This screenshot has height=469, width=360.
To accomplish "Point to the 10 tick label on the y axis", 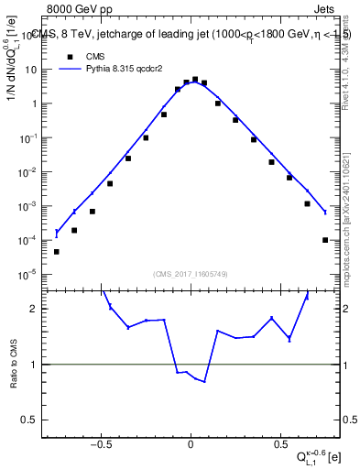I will click(31, 70).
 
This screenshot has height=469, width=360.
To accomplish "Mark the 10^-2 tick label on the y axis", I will click(29, 172).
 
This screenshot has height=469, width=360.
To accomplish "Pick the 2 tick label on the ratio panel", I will click(37, 310).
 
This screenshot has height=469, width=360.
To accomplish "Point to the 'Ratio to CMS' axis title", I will click(14, 364).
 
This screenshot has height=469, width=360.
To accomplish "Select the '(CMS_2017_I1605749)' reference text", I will click(191, 274).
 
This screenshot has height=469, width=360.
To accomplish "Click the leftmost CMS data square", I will click(57, 252).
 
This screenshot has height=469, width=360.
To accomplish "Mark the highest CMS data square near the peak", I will click(195, 80).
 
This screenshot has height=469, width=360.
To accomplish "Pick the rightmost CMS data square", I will click(325, 240).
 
